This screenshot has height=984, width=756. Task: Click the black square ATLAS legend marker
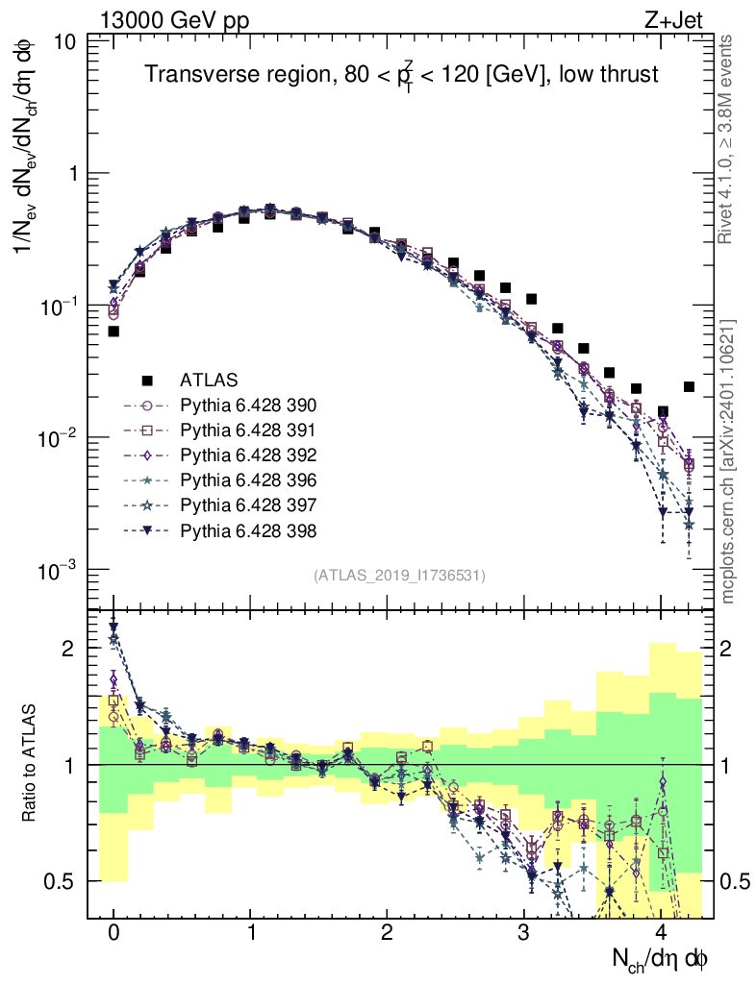tap(147, 380)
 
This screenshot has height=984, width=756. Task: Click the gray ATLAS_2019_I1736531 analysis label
tap(398, 576)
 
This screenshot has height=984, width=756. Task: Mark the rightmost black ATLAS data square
tap(689, 386)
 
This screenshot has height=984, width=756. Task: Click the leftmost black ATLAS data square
tap(113, 332)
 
